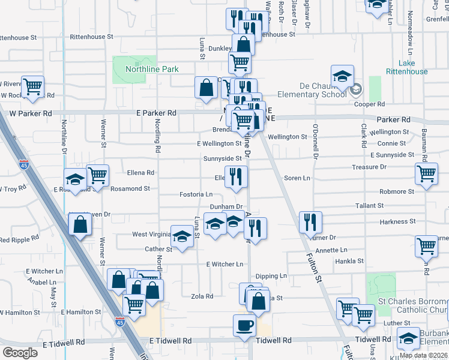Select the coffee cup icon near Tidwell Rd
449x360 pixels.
pyautogui.click(x=244, y=325)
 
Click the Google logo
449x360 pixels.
pyautogui.click(x=20, y=353)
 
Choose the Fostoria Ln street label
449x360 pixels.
pyautogui.click(x=196, y=194)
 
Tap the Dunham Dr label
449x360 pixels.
pyautogui.click(x=225, y=206)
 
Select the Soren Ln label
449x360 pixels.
pyautogui.click(x=297, y=178)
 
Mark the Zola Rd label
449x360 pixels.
pyautogui.click(x=202, y=296)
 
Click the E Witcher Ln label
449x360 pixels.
pyautogui.click(x=224, y=264)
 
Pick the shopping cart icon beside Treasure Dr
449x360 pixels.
pyautogui.click(x=426, y=174)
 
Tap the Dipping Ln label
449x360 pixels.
pyautogui.click(x=271, y=276)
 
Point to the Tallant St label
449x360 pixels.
pyautogui.click(x=369, y=205)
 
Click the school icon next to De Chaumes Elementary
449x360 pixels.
pyautogui.click(x=342, y=76)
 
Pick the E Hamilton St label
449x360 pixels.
pyautogui.click(x=81, y=312)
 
